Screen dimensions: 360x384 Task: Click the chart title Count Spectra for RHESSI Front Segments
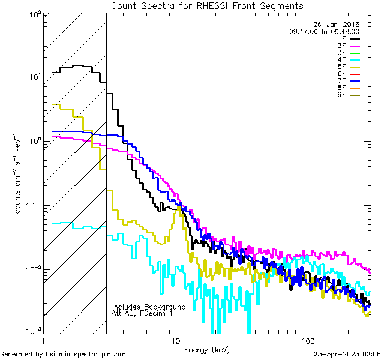coord(207,5)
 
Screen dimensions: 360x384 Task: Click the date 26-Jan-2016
coord(339,25)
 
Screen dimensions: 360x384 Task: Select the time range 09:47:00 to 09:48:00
coord(324,31)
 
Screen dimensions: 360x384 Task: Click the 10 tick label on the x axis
coord(175,340)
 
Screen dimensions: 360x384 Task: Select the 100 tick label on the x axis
coord(307,340)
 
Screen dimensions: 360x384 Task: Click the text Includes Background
coord(149,307)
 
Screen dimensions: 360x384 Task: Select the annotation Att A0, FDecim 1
coord(142,313)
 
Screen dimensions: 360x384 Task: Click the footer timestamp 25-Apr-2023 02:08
coord(347,354)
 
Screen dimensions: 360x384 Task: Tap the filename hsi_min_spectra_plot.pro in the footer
coord(86,354)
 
